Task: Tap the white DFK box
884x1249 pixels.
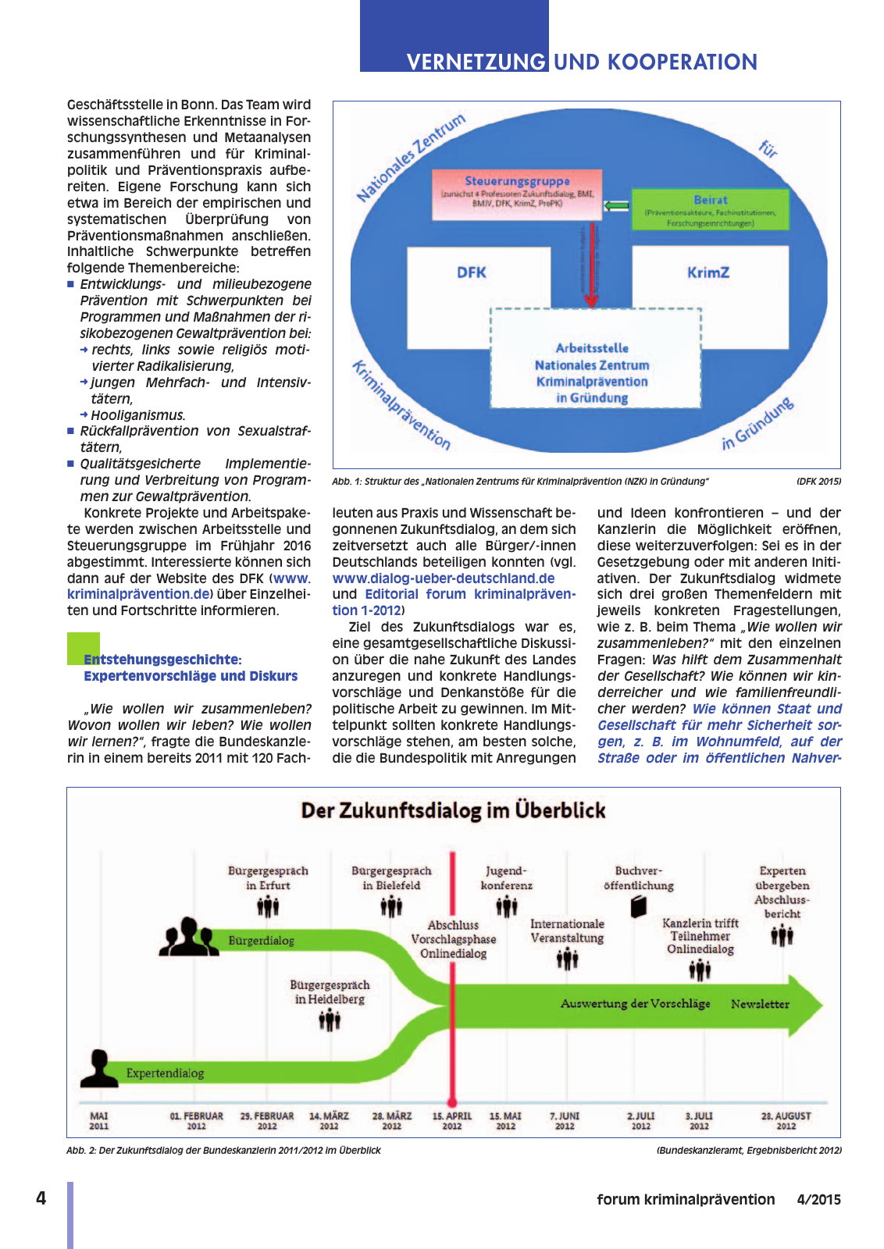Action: (x=472, y=272)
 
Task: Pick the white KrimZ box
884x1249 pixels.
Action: (x=708, y=272)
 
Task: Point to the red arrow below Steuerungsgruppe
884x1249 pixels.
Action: (x=591, y=265)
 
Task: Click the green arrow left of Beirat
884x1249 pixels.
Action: (x=617, y=205)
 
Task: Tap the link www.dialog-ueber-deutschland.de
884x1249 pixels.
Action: (x=444, y=578)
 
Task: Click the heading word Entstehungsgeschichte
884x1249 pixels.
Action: (x=162, y=660)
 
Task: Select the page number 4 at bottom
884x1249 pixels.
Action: (x=41, y=1198)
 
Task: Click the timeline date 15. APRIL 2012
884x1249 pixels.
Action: (x=452, y=1121)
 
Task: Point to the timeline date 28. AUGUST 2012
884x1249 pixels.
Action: (x=786, y=1121)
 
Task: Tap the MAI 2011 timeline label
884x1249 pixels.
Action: (x=99, y=1121)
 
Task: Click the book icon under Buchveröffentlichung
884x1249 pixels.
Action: (x=639, y=906)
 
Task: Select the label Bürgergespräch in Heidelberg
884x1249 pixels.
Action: (x=330, y=992)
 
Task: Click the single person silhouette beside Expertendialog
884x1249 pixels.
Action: (x=99, y=1068)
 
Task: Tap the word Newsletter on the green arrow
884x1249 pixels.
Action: (x=760, y=1004)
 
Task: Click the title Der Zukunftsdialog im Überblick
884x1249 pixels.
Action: (x=453, y=810)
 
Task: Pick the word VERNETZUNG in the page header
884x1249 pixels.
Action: (x=476, y=62)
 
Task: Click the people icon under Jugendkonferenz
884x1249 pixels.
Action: (x=507, y=906)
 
